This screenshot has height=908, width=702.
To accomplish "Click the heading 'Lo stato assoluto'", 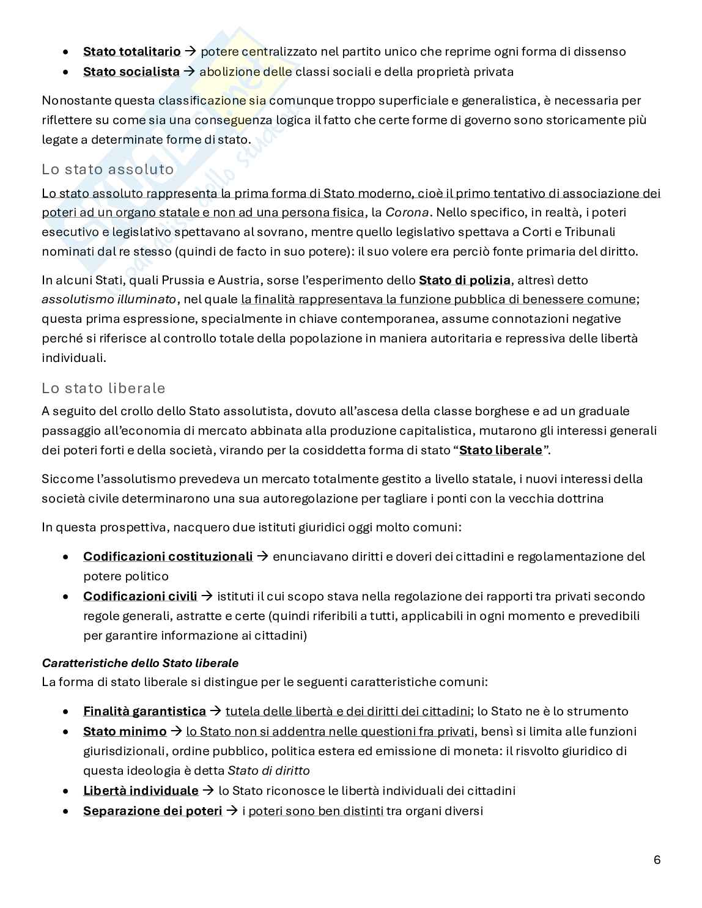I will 108,169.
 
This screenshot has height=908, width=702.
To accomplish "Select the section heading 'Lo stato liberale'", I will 103,388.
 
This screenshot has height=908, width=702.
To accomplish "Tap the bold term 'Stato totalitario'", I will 131,51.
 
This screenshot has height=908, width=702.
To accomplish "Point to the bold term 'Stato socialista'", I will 131,72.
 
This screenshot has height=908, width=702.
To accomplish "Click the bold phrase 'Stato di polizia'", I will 464,280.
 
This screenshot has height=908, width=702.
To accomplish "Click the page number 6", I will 657,860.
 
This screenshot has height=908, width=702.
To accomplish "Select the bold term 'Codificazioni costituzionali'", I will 168,556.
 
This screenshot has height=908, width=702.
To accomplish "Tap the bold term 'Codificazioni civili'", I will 140,596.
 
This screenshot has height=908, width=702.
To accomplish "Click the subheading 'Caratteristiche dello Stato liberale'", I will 140,663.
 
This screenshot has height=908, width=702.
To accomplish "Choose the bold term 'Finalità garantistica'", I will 144,711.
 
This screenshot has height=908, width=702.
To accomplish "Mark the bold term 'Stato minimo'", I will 125,731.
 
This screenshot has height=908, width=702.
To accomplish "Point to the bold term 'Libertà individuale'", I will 141,791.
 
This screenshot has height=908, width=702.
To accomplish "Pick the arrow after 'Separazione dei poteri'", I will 232,811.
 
